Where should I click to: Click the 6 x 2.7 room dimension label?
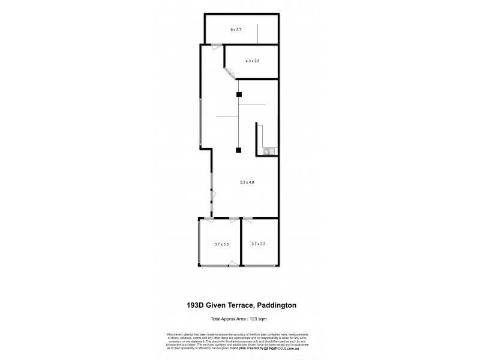tap(236, 29)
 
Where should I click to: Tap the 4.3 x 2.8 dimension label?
tap(252, 61)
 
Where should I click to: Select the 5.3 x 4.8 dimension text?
tap(247, 182)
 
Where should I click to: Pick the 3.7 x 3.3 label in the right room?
tap(258, 244)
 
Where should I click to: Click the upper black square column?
tap(239, 94)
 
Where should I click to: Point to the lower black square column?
tap(239, 150)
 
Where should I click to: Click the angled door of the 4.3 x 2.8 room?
tap(230, 73)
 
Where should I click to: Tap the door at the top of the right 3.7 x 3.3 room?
tap(248, 220)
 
